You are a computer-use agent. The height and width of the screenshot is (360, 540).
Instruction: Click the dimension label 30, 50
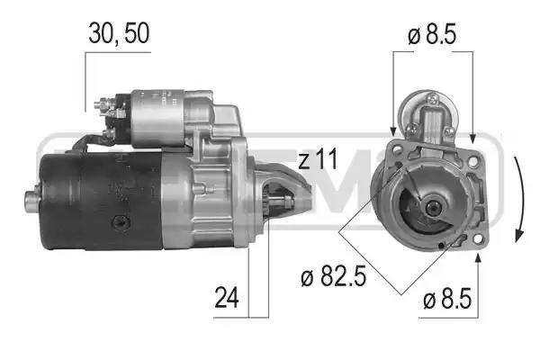(119, 34)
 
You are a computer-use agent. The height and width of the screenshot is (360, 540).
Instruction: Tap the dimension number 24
(227, 298)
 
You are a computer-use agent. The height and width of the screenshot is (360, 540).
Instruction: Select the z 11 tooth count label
(318, 159)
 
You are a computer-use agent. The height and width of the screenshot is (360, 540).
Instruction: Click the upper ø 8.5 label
(432, 34)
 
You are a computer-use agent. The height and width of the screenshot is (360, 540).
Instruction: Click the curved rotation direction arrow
(518, 200)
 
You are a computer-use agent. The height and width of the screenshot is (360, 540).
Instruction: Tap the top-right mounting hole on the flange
(473, 160)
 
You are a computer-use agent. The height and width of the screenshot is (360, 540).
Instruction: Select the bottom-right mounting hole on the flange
(477, 239)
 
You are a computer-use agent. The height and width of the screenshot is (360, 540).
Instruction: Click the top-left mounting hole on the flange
(397, 149)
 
